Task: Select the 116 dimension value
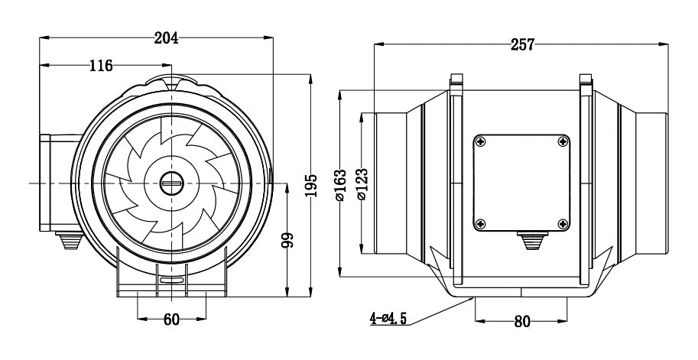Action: pyautogui.click(x=100, y=66)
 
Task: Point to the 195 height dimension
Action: pyautogui.click(x=310, y=184)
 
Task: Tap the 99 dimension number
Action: pyautogui.click(x=287, y=242)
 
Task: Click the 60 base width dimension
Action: pyautogui.click(x=171, y=319)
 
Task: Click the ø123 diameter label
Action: pyautogui.click(x=362, y=184)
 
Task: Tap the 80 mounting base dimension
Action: pyautogui.click(x=521, y=322)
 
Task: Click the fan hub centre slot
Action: pyautogui.click(x=171, y=183)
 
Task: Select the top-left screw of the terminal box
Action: pyautogui.click(x=481, y=141)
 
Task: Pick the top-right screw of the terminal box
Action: pyautogui.click(x=563, y=141)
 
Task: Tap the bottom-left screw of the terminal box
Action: pyautogui.click(x=481, y=223)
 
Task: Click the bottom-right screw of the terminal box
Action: pyautogui.click(x=563, y=223)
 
